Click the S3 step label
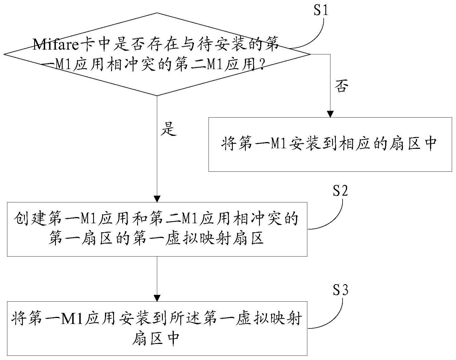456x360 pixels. (x=340, y=290)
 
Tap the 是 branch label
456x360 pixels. (x=168, y=129)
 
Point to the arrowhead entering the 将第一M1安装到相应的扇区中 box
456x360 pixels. (x=330, y=114)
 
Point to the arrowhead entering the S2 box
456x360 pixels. (x=157, y=199)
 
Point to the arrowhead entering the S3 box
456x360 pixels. (x=157, y=298)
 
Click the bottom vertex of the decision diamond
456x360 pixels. (x=157, y=96)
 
